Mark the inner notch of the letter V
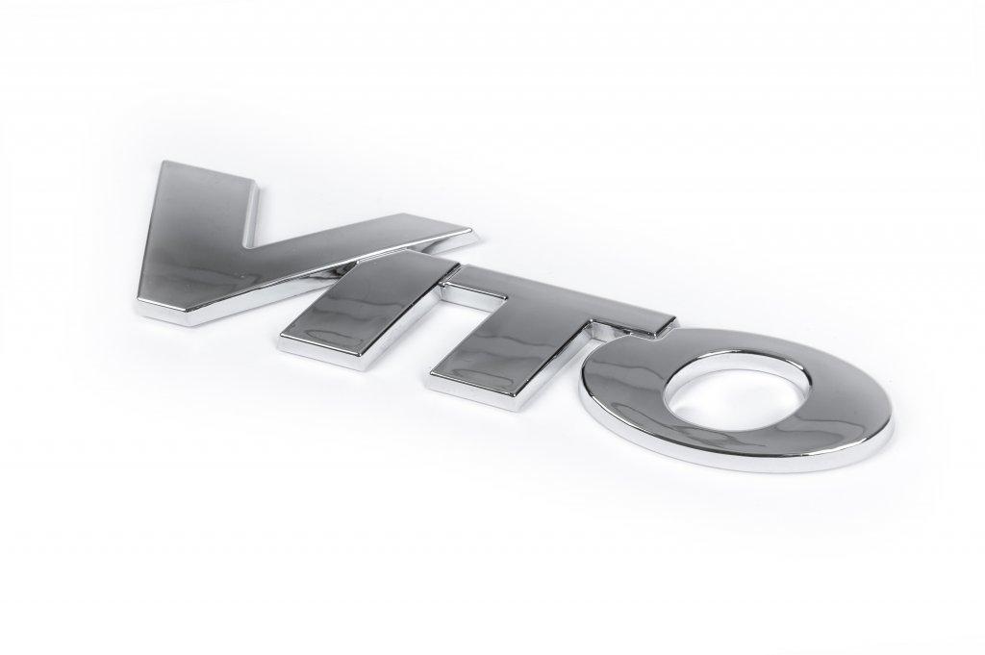point(248,241)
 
